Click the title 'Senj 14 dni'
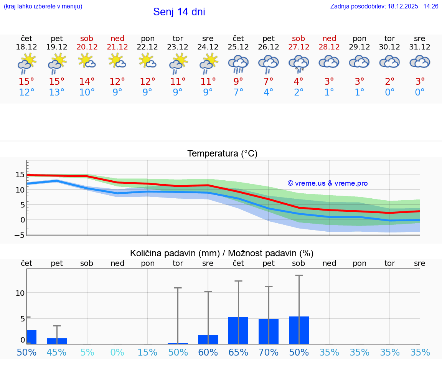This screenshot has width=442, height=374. coord(179,12)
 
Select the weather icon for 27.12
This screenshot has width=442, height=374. coord(299,63)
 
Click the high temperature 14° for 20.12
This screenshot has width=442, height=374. coord(87,81)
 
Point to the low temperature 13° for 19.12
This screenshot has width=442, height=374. coord(57,92)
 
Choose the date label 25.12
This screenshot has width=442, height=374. coord(238,47)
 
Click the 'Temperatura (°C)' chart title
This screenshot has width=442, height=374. coord(222,154)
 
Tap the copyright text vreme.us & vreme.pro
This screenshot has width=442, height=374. coord(328,183)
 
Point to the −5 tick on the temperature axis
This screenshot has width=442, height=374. coord(20,235)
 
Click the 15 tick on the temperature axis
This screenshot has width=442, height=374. coord(20,175)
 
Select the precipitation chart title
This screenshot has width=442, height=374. coord(222,253)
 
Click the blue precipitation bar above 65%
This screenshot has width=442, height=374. coord(238,330)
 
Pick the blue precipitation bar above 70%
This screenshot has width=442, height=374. coord(269,331)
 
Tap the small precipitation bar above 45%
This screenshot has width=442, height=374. coord(57,341)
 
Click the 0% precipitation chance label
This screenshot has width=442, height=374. coord(117,352)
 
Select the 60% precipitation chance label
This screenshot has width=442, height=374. coord(208,352)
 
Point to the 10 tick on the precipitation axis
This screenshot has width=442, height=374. coord(20,293)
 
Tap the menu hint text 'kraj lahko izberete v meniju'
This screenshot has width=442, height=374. coord(43,6)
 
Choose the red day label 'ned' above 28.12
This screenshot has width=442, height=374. coord(329,38)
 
